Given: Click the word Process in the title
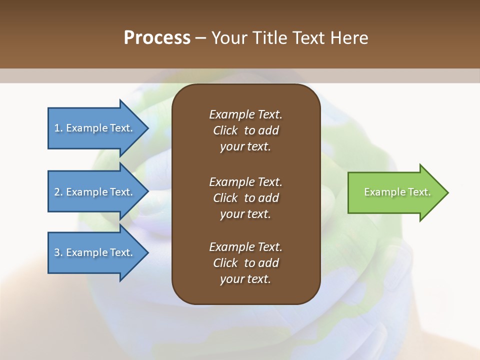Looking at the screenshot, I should coord(157,38).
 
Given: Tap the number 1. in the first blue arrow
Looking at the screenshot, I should coord(58,128).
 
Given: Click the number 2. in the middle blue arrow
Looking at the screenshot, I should coord(58,192).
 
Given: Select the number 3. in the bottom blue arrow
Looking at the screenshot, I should coord(58,252).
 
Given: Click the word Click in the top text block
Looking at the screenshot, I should coord(225,130).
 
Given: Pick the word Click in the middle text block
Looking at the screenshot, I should coord(225,198).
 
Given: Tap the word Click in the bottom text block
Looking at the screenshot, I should coord(225,263).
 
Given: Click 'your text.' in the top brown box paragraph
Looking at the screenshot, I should coord(245,147).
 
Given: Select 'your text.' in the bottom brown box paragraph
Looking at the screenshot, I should coord(245,279).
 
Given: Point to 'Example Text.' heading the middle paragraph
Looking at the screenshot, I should coord(245,182).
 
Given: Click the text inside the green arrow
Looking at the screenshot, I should coord(397,192).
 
